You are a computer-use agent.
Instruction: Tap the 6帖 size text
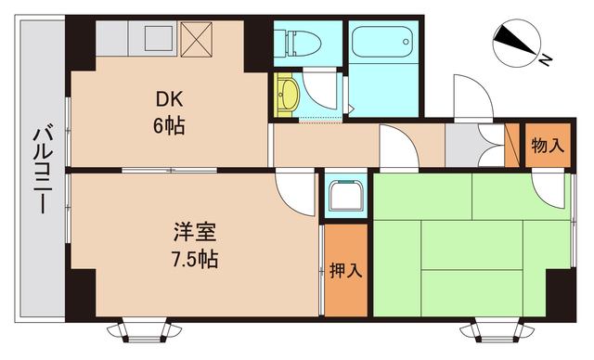pos(168,126)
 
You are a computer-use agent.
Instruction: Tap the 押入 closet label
pos(346,271)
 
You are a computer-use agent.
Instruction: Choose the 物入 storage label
pos(547,145)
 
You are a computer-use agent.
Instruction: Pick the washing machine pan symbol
pos(346,197)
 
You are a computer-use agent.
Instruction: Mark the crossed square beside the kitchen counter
pos(197,39)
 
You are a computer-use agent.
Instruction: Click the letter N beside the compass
pos(547,60)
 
